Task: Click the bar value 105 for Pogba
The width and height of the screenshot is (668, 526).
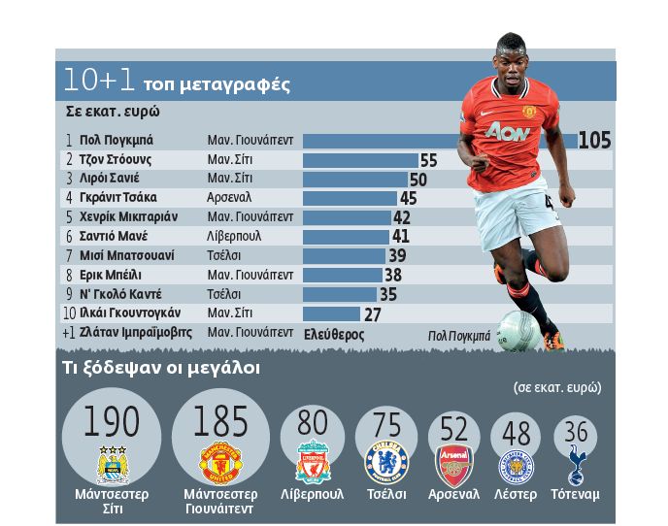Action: point(594,140)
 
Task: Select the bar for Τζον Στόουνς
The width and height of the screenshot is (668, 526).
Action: point(360,159)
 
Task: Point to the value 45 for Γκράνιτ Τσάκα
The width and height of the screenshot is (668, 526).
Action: point(408,198)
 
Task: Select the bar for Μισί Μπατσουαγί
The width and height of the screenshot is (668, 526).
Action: point(344,255)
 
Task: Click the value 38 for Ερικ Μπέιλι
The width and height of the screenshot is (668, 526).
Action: point(392,275)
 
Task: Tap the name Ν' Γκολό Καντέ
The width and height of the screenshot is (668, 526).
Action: point(120,294)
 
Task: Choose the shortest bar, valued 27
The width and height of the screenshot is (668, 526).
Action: point(331,313)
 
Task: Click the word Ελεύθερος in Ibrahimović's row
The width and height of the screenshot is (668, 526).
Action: point(333,333)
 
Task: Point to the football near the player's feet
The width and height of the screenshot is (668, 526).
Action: point(518,330)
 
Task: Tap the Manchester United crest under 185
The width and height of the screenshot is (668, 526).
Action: point(219,464)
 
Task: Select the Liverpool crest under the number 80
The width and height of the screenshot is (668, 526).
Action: point(313,463)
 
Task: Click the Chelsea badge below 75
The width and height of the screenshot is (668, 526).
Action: point(385,462)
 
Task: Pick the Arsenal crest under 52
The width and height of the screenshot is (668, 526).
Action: point(453,466)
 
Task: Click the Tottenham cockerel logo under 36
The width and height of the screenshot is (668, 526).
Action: point(576,466)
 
